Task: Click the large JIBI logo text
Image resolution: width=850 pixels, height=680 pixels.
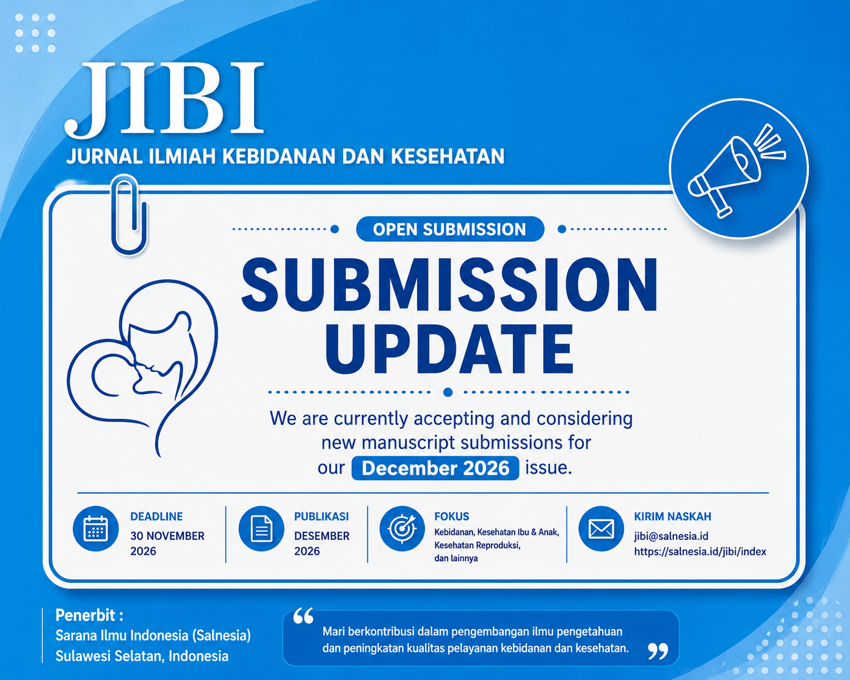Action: pos(164,99)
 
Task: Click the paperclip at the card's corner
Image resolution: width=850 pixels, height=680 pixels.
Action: pos(129,215)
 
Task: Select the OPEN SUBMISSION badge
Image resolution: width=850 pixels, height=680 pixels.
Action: pos(450,229)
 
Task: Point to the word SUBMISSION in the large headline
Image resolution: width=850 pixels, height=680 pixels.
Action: pos(450,285)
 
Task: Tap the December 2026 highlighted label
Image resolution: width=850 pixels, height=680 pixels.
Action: pos(435,468)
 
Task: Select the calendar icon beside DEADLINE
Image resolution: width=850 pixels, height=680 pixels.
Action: pos(96,528)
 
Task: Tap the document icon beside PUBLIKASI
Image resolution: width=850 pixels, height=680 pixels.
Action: pos(261,528)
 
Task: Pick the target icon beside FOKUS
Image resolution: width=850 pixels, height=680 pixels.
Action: pos(402,528)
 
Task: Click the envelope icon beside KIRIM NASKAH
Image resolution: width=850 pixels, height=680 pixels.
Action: pos(601,528)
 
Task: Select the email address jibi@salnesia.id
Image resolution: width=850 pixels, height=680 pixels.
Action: pos(671,536)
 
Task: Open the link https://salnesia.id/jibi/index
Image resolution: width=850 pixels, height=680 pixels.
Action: pos(700,552)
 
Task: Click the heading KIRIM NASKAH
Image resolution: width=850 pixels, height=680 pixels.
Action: pos(672,516)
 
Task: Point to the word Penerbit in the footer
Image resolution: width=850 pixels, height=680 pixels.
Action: pos(85,615)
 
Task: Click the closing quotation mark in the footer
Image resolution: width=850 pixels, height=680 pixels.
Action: pos(658,651)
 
